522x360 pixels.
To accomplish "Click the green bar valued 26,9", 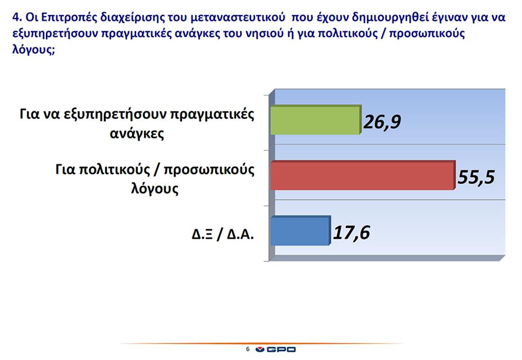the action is [x=315, y=120].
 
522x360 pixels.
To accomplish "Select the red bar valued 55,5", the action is [x=363, y=175].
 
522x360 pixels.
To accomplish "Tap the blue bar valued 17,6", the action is [x=300, y=231].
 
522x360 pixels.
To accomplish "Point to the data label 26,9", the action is [x=382, y=122].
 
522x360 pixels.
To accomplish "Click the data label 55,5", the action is [x=476, y=176].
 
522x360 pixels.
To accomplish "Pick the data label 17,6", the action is [x=351, y=232].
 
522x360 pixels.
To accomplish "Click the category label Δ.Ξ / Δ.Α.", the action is [x=223, y=235].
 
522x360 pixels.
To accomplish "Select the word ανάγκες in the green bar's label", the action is [x=137, y=134].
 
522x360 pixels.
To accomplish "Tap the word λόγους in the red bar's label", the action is [x=155, y=189].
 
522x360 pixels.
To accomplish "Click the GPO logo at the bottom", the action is [x=276, y=350].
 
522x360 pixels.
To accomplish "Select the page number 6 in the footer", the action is [x=248, y=349].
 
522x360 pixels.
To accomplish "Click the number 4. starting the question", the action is [x=17, y=17].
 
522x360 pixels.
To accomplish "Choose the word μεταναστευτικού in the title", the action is [x=238, y=17].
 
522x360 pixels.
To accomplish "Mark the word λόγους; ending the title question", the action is [x=34, y=50].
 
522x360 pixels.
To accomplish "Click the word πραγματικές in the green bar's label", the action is [x=213, y=114].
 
